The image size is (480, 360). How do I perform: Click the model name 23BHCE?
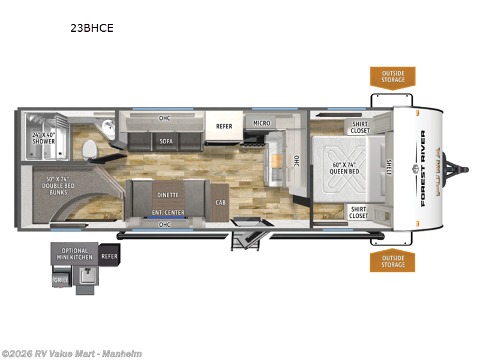(91, 28)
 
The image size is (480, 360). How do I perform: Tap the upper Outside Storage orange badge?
(392, 77)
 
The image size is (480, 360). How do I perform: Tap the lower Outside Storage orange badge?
(392, 261)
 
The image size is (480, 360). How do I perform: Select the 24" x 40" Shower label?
(43, 137)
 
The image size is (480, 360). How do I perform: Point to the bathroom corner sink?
(108, 127)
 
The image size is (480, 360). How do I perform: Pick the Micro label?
(261, 123)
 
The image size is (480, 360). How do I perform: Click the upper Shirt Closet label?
(360, 127)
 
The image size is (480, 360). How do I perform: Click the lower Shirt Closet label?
(359, 212)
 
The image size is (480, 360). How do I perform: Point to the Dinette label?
(167, 195)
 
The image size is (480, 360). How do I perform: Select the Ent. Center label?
(167, 212)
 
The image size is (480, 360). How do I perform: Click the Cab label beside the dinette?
(220, 202)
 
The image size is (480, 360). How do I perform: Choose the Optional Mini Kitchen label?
(74, 254)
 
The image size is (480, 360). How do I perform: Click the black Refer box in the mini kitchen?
(109, 256)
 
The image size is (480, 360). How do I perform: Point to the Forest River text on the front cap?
(424, 168)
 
